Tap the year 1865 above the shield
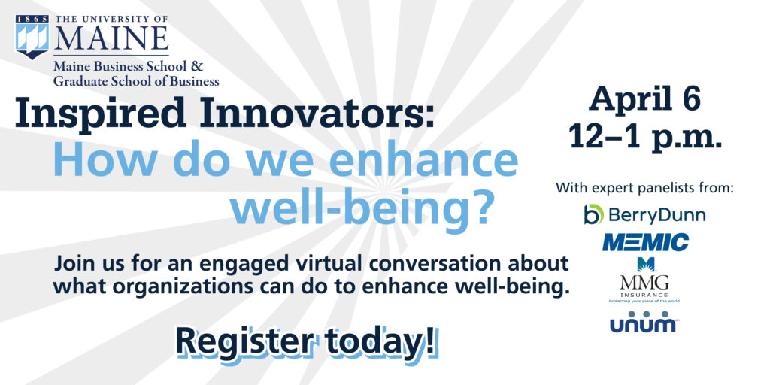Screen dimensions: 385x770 pyautogui.click(x=32, y=17)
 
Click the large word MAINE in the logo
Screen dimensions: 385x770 pyautogui.click(x=111, y=38)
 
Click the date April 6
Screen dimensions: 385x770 pyautogui.click(x=644, y=99)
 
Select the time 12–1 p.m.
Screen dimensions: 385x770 pyautogui.click(x=644, y=136)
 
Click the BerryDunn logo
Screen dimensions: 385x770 pyautogui.click(x=644, y=215)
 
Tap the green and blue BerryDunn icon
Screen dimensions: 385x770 pyautogui.click(x=594, y=215)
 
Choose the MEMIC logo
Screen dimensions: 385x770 pyautogui.click(x=645, y=242)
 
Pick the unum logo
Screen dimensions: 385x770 pyautogui.click(x=644, y=323)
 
